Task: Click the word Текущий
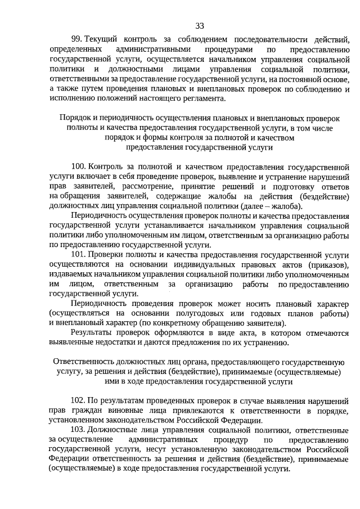point(106,39)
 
